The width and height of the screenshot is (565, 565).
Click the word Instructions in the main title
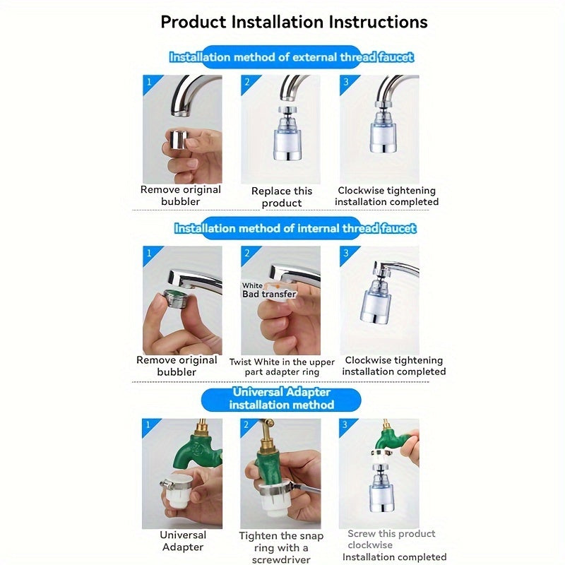(378, 22)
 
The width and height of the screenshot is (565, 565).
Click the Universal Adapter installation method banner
(281, 398)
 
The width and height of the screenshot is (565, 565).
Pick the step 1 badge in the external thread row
(148, 82)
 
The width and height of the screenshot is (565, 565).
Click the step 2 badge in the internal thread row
(247, 253)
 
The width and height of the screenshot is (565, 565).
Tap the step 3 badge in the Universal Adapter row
(345, 424)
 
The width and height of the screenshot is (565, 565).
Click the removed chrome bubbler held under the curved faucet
(179, 140)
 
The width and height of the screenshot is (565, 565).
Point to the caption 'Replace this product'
(281, 197)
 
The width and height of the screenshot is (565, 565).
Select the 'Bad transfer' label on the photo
(269, 294)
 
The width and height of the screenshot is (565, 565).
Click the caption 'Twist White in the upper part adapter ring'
(282, 367)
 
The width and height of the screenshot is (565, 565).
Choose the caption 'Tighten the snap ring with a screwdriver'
(281, 548)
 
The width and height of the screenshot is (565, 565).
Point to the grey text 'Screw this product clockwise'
(391, 539)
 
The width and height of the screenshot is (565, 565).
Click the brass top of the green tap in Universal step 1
(201, 428)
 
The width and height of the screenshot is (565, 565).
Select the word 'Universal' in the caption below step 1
(183, 535)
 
